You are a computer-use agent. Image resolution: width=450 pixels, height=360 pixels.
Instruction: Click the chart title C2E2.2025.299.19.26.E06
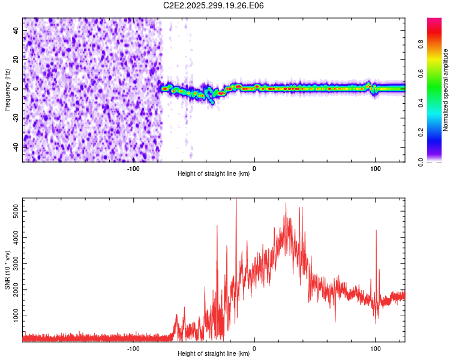214,5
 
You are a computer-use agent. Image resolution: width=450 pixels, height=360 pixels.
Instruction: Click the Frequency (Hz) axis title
7,89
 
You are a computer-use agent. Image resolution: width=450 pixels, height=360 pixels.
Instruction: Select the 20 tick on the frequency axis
17,59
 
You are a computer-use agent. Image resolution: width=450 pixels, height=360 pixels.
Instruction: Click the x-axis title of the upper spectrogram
214,174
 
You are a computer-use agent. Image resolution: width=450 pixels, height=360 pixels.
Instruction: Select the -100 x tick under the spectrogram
133,168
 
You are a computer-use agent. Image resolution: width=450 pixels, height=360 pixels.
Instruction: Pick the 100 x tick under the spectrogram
376,168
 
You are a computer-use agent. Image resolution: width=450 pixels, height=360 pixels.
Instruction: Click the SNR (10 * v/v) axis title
7,270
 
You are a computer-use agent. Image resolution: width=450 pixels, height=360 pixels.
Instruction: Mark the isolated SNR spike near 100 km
376,230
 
